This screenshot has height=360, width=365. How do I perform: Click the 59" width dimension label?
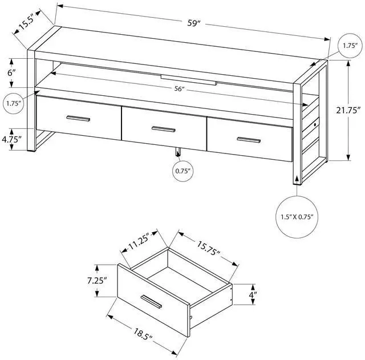pyautogui.click(x=195, y=23)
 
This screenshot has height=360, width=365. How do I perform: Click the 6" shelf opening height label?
pyautogui.click(x=12, y=72)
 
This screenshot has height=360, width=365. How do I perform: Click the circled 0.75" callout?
pyautogui.click(x=182, y=170)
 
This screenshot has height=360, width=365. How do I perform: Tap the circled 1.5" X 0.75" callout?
pyautogui.click(x=296, y=217)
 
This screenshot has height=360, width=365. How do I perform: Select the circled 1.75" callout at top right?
pyautogui.click(x=348, y=45)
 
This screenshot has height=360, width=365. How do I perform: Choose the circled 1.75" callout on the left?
pyautogui.click(x=14, y=103)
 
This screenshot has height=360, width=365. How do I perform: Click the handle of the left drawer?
pyautogui.click(x=78, y=119)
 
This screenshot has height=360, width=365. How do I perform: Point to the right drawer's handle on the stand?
pyautogui.click(x=248, y=140)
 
